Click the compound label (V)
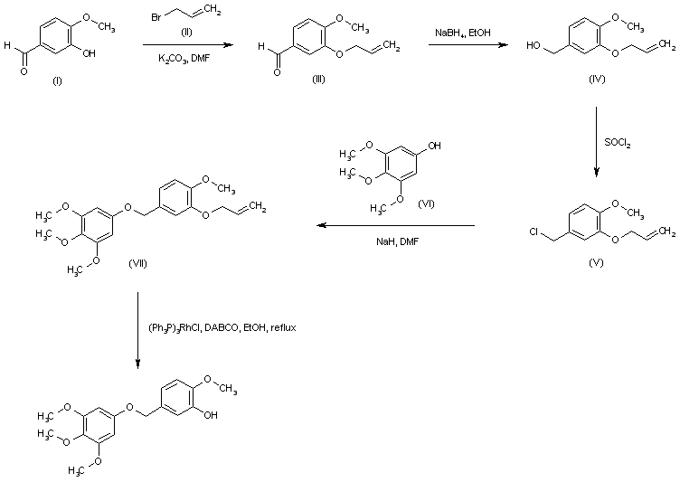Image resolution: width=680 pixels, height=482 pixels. pyautogui.click(x=595, y=262)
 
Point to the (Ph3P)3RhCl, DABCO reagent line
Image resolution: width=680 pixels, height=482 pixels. pyautogui.click(x=222, y=326)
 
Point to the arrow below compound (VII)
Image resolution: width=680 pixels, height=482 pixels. pyautogui.click(x=137, y=330)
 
